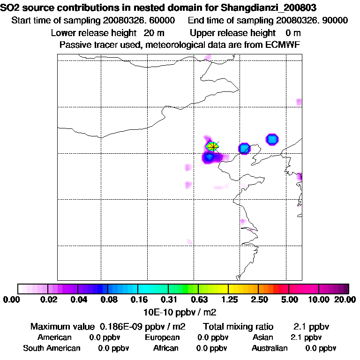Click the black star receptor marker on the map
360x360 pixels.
[x=213, y=146]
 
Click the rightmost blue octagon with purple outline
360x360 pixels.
[x=272, y=139]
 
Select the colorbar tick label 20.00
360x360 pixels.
[x=344, y=300]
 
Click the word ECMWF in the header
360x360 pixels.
[x=284, y=45]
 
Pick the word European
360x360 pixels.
[x=162, y=337]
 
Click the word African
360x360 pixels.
[x=166, y=348]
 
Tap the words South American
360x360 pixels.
[x=52, y=348]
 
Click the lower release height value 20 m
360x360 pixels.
[x=154, y=33]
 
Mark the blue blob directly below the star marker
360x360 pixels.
[x=209, y=157]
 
